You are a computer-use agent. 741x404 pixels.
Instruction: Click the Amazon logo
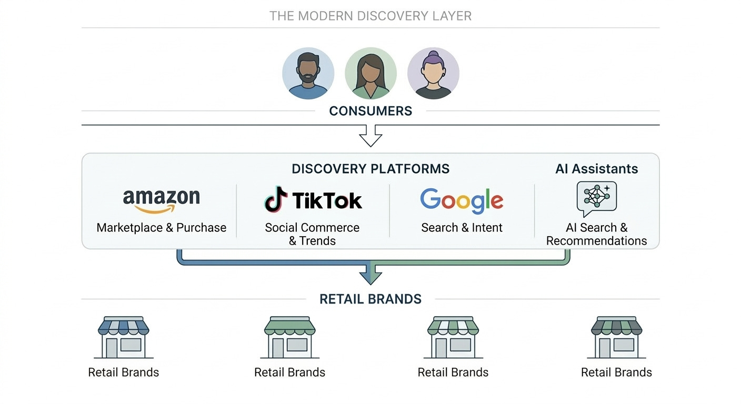coord(161,200)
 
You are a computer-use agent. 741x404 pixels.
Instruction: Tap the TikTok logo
coord(313,200)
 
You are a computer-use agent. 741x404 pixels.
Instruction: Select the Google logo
coord(462,200)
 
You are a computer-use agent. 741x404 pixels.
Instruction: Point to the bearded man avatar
coord(308,73)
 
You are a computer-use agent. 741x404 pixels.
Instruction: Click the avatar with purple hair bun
coord(433,73)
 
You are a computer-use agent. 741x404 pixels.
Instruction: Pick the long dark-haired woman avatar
coord(370,73)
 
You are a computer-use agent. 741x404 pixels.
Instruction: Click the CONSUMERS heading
coord(370,111)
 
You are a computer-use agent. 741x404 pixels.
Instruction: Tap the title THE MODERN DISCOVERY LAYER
coord(370,16)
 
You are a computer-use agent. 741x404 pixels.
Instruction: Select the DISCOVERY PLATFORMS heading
coord(370,169)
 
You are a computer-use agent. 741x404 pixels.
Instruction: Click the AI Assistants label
coord(596,169)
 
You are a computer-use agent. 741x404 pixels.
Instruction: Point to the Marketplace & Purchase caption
coord(161,228)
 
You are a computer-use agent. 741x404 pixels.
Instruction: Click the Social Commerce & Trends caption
coord(312,234)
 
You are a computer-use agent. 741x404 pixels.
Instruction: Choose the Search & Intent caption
coord(462,228)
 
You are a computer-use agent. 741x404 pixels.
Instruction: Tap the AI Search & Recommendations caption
coord(596,234)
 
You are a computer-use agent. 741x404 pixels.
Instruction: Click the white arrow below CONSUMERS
coord(370,136)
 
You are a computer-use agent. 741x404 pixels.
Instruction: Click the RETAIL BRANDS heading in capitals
coord(370,299)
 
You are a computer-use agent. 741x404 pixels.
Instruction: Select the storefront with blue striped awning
coord(124,337)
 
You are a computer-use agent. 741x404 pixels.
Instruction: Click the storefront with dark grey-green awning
coord(616,337)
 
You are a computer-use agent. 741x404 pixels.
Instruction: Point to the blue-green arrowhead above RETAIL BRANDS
coord(370,275)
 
